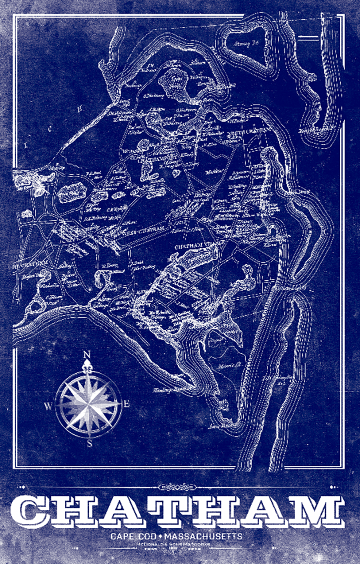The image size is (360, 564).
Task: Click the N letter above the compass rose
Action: pos(87,355)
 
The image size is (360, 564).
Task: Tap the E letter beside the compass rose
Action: pos(126,404)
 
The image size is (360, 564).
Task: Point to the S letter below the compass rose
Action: pos(88,442)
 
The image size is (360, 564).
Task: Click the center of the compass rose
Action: pos(88,401)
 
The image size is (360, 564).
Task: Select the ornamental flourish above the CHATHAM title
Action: pos(180,486)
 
